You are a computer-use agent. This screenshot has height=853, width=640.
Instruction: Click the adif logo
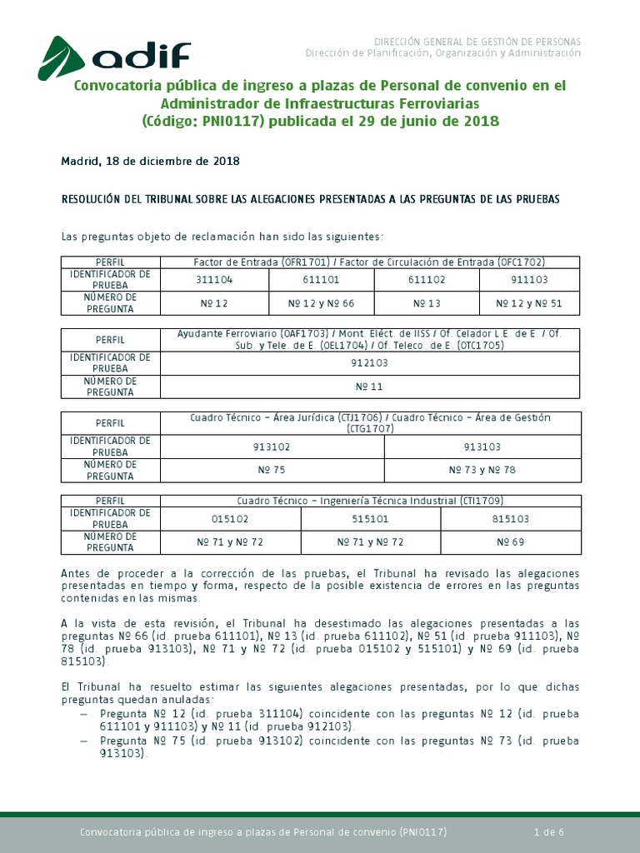click(115, 56)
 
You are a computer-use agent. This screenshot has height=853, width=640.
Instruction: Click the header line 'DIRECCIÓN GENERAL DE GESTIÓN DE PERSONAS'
click(477, 42)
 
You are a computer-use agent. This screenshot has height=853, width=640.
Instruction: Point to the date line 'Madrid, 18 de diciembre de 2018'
click(150, 162)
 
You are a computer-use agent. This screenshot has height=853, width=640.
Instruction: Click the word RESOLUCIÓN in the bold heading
click(97, 200)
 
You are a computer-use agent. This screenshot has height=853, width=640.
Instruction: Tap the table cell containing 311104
click(215, 281)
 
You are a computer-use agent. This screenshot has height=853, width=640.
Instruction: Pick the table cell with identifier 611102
click(426, 281)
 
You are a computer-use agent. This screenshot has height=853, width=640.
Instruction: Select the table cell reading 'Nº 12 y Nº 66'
click(321, 304)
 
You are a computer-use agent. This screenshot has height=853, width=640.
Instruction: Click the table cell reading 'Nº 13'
click(426, 304)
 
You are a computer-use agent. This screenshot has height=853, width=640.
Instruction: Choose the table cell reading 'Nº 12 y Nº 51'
click(529, 304)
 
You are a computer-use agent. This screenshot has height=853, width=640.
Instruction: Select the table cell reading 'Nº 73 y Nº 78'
click(482, 470)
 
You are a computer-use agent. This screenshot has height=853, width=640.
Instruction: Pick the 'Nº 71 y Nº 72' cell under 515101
click(370, 542)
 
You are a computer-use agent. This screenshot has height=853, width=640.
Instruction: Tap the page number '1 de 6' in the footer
click(549, 832)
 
